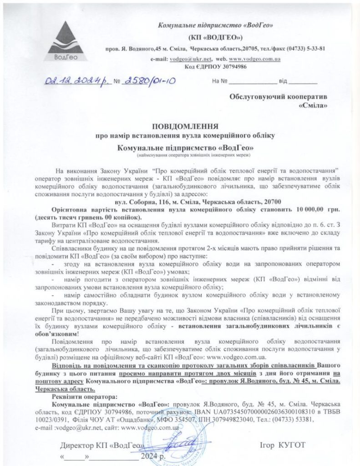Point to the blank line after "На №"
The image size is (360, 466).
tap(252, 83)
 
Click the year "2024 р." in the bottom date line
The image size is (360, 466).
tap(155, 456)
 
